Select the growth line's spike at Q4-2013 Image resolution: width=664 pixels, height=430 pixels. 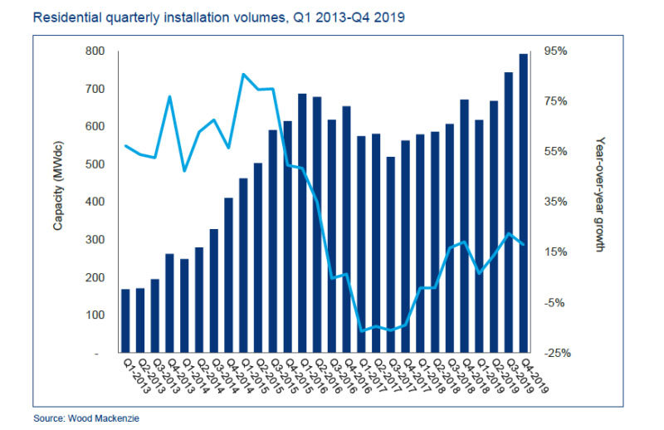[x=170, y=96]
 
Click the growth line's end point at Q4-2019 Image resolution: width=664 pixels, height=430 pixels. [x=524, y=244]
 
